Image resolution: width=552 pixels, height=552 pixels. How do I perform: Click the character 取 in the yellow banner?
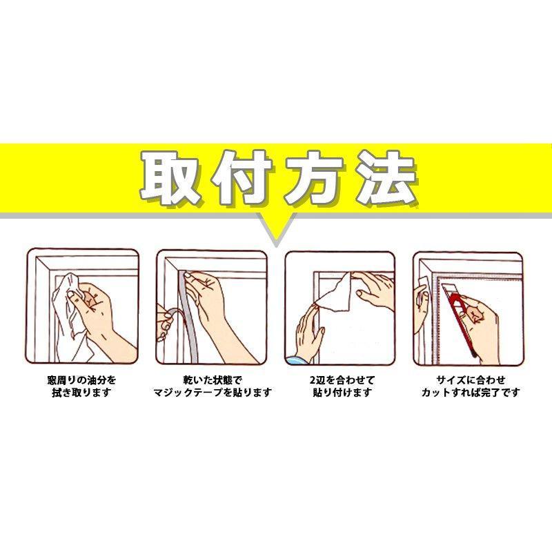[172, 177]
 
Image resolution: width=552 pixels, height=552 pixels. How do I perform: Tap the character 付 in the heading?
[242, 177]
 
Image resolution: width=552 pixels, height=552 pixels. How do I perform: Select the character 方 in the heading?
[314, 177]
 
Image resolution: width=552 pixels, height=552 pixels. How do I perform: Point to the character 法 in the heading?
[386, 177]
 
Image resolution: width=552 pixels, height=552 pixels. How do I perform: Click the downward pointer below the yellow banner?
[277, 229]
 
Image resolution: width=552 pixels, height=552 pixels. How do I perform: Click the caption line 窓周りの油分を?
[81, 380]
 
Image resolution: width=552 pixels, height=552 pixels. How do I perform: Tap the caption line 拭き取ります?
[81, 392]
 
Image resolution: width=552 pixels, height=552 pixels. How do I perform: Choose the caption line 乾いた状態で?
[213, 380]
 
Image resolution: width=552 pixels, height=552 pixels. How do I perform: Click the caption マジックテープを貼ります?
[213, 392]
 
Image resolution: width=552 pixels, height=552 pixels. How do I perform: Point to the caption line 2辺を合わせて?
[342, 380]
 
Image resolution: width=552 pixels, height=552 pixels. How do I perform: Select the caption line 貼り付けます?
[342, 392]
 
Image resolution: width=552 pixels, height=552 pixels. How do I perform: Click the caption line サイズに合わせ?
[471, 380]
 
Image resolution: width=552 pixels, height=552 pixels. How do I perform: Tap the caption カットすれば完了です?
[471, 392]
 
